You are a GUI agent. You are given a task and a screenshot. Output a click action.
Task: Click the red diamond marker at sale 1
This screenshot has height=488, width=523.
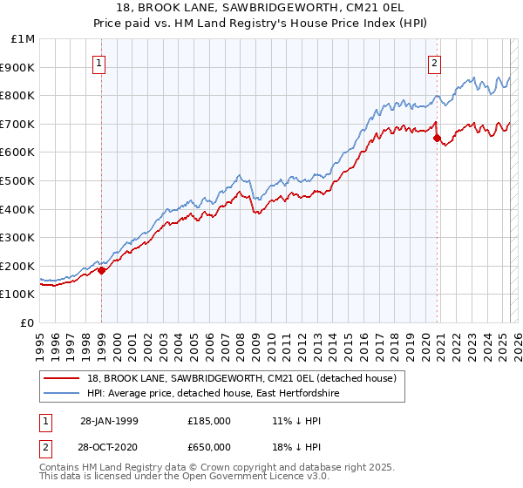pyautogui.click(x=102, y=270)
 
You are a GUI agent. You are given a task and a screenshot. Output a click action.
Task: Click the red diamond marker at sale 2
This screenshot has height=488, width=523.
pyautogui.click(x=437, y=138)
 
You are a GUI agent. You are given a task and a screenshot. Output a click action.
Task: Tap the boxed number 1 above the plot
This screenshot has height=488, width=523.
pyautogui.click(x=100, y=63)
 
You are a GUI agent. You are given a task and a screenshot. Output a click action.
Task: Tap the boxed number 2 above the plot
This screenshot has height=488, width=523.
pyautogui.click(x=434, y=63)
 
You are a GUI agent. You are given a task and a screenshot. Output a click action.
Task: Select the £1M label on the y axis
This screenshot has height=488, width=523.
pyautogui.click(x=24, y=39)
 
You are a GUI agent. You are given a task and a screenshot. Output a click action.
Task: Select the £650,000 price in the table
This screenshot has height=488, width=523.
pyautogui.click(x=208, y=446)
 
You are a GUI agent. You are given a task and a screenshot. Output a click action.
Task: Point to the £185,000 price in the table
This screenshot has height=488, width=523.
pyautogui.click(x=208, y=421)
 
